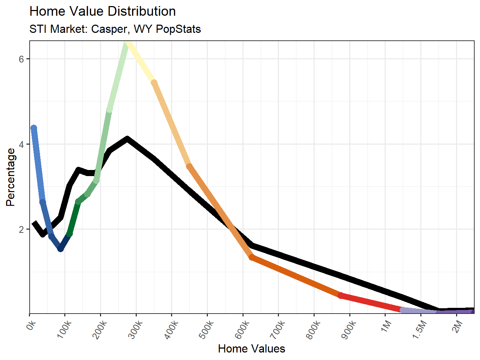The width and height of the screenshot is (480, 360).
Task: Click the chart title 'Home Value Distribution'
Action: [x=102, y=11]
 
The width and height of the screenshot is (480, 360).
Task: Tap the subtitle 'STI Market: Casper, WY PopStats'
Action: [x=115, y=29]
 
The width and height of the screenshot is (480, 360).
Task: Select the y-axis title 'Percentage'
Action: [x=11, y=177]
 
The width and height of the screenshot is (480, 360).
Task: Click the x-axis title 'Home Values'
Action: [x=251, y=349]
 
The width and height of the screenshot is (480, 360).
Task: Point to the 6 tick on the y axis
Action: [x=21, y=59]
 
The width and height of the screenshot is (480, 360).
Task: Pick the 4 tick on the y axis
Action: [x=21, y=145]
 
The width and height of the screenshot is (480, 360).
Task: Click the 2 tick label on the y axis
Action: [x=21, y=230]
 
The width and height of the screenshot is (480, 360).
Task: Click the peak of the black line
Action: [x=127, y=139]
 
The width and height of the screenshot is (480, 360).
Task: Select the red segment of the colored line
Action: [x=371, y=303]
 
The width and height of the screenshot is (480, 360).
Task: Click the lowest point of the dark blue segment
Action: [x=61, y=249]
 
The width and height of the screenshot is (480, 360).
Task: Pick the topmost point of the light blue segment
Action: [x=34, y=128]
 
